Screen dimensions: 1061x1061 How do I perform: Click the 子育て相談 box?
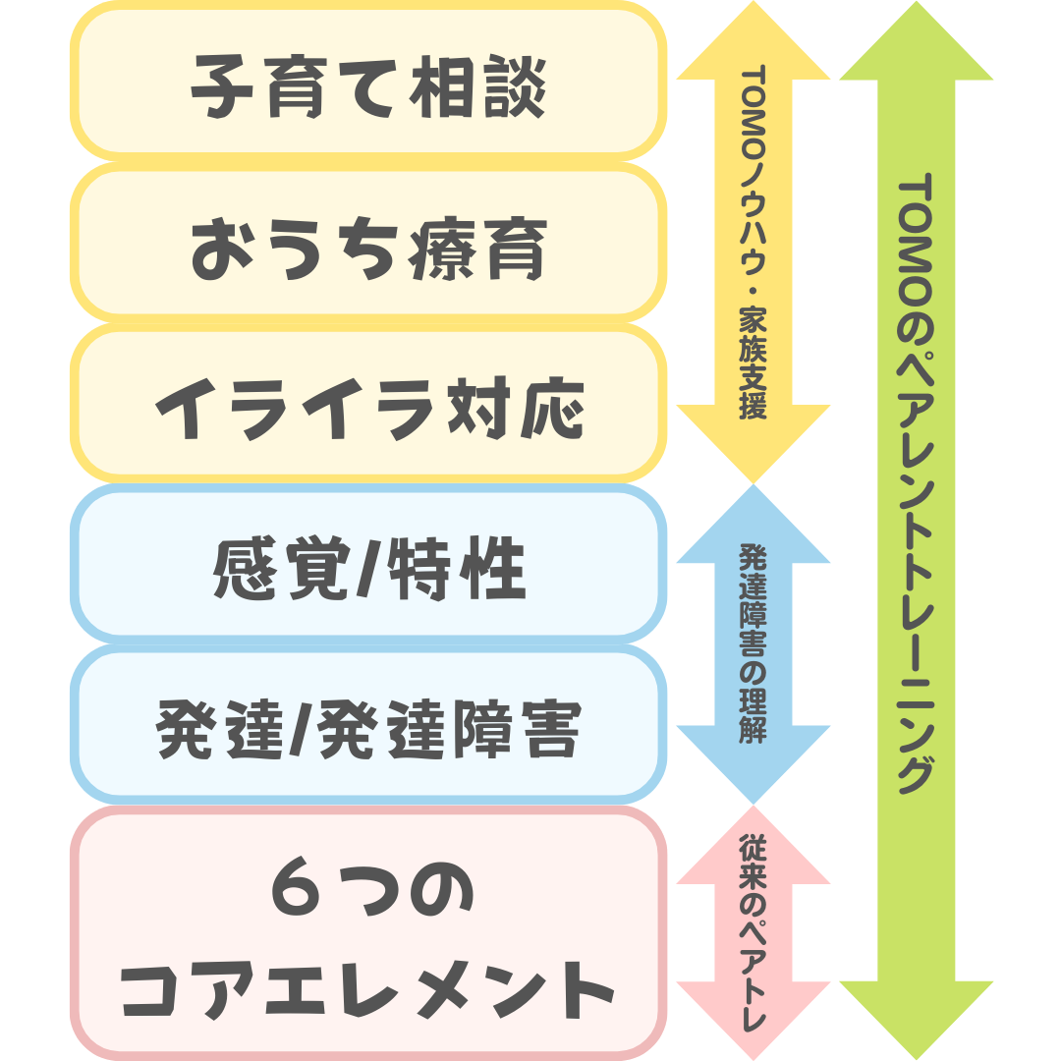[x=367, y=84]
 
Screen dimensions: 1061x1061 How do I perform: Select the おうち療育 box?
[x=367, y=244]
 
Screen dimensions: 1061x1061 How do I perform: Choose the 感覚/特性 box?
[x=367, y=565]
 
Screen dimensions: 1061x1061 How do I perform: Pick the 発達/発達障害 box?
[x=367, y=725]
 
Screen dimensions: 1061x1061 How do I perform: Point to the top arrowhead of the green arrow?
[x=916, y=44]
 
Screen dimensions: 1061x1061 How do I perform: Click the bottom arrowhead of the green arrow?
[x=916, y=1017]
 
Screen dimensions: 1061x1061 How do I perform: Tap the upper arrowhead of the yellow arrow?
[x=753, y=44]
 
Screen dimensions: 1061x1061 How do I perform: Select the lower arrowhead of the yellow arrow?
[x=753, y=442]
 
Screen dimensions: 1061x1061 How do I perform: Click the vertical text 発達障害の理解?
[x=753, y=643]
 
